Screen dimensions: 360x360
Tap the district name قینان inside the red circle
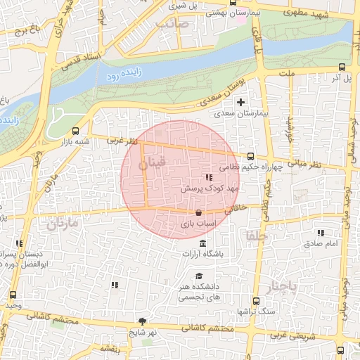(x=152, y=164)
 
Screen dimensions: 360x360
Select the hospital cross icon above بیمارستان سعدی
(x=241, y=103)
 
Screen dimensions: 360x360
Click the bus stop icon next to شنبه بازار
(x=76, y=130)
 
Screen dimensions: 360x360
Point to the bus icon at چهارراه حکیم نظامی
(x=251, y=156)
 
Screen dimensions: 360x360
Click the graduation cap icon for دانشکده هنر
(x=199, y=276)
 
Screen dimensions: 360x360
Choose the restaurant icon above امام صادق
(x=321, y=233)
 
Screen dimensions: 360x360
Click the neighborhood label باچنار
(x=283, y=286)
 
